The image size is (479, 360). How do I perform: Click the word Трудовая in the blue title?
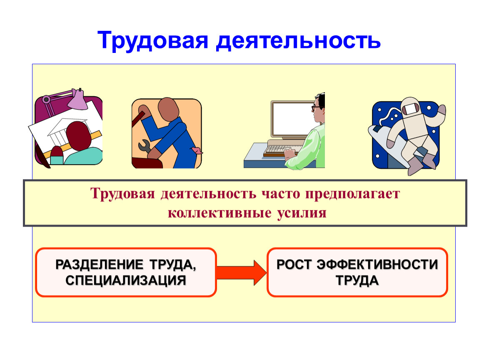coord(153,41)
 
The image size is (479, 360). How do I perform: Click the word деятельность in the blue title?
coord(298,41)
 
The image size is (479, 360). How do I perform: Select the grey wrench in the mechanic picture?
coord(145,146)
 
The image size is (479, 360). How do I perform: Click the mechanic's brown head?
coord(168,110)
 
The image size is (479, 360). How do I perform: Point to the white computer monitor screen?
coord(292,119)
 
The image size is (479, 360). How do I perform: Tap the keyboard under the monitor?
coord(277,150)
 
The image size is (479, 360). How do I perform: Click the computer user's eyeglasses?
coord(316,107)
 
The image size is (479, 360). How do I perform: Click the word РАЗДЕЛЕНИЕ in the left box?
coord(99,265)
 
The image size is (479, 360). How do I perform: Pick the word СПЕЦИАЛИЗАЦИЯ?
coord(125,280)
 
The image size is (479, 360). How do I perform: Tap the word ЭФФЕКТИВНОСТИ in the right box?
coord(377,265)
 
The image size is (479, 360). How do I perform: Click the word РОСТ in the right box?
coord(294,265)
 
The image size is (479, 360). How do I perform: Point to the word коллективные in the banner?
coord(220,213)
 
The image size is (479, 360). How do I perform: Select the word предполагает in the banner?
coord(352,194)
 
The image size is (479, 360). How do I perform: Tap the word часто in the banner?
coord(281,194)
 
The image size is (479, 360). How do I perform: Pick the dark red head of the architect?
coord(78,135)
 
